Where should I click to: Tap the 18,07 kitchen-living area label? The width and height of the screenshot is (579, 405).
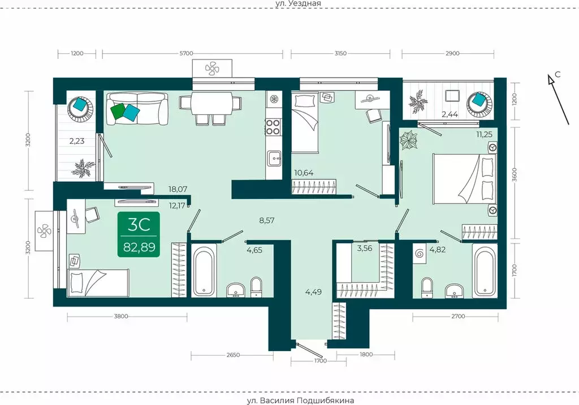(x=178, y=189)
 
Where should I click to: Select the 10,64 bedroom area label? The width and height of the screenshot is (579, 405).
(x=304, y=172)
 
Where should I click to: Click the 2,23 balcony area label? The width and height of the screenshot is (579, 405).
(x=77, y=141)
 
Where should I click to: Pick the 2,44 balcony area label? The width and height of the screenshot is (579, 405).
(x=450, y=114)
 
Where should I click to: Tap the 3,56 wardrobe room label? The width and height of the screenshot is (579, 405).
(x=365, y=249)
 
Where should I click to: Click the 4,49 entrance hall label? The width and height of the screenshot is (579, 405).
(x=313, y=292)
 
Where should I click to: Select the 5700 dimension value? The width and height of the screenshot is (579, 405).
(x=186, y=53)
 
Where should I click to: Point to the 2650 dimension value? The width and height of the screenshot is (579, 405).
(x=232, y=355)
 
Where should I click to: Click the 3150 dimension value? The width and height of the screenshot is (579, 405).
(x=340, y=53)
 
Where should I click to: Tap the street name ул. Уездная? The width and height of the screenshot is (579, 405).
(x=299, y=3)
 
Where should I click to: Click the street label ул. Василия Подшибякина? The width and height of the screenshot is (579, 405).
(x=300, y=400)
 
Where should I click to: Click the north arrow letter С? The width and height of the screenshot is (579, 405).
(x=558, y=74)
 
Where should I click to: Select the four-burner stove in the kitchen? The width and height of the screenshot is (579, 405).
(x=273, y=126)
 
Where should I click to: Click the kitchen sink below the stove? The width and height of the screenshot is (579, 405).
(x=274, y=159)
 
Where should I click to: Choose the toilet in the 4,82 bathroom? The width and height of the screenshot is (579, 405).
(x=427, y=287)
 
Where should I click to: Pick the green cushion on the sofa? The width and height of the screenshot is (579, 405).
(x=118, y=110)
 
